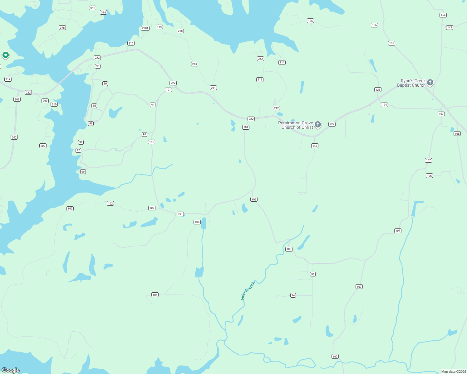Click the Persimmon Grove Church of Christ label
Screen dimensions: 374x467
295,125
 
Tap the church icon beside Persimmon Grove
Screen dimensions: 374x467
318,125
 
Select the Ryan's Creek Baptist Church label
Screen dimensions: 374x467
411,83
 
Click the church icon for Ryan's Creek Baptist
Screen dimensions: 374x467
430,82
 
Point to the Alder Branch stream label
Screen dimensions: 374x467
248,290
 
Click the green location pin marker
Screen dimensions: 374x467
5,55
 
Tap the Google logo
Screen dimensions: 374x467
10,370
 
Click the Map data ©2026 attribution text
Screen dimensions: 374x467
454,372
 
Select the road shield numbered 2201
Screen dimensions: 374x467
145,28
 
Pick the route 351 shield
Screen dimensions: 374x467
92,8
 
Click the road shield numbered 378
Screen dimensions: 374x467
62,28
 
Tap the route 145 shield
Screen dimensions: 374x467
315,146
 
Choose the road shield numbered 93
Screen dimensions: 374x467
313,274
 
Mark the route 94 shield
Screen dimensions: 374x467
293,295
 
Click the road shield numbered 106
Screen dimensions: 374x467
429,176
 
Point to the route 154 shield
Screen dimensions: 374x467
443,15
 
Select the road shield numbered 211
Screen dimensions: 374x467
213,88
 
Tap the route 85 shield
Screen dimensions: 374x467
94,106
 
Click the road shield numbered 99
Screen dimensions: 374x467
83,172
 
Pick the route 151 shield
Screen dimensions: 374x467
391,43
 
